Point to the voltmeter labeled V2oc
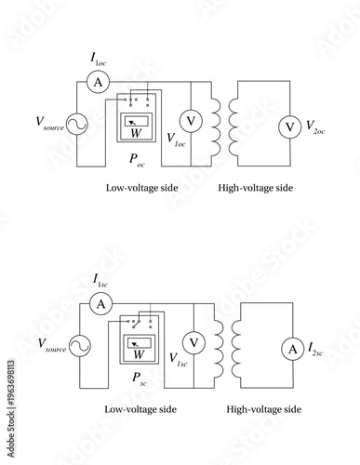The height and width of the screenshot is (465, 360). [290, 124]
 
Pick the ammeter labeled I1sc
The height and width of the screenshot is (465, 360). [103, 303]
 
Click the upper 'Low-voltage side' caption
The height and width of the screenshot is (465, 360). [142, 188]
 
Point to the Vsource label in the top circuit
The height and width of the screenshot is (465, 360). [49, 123]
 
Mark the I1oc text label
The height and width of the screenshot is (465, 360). [98, 59]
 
